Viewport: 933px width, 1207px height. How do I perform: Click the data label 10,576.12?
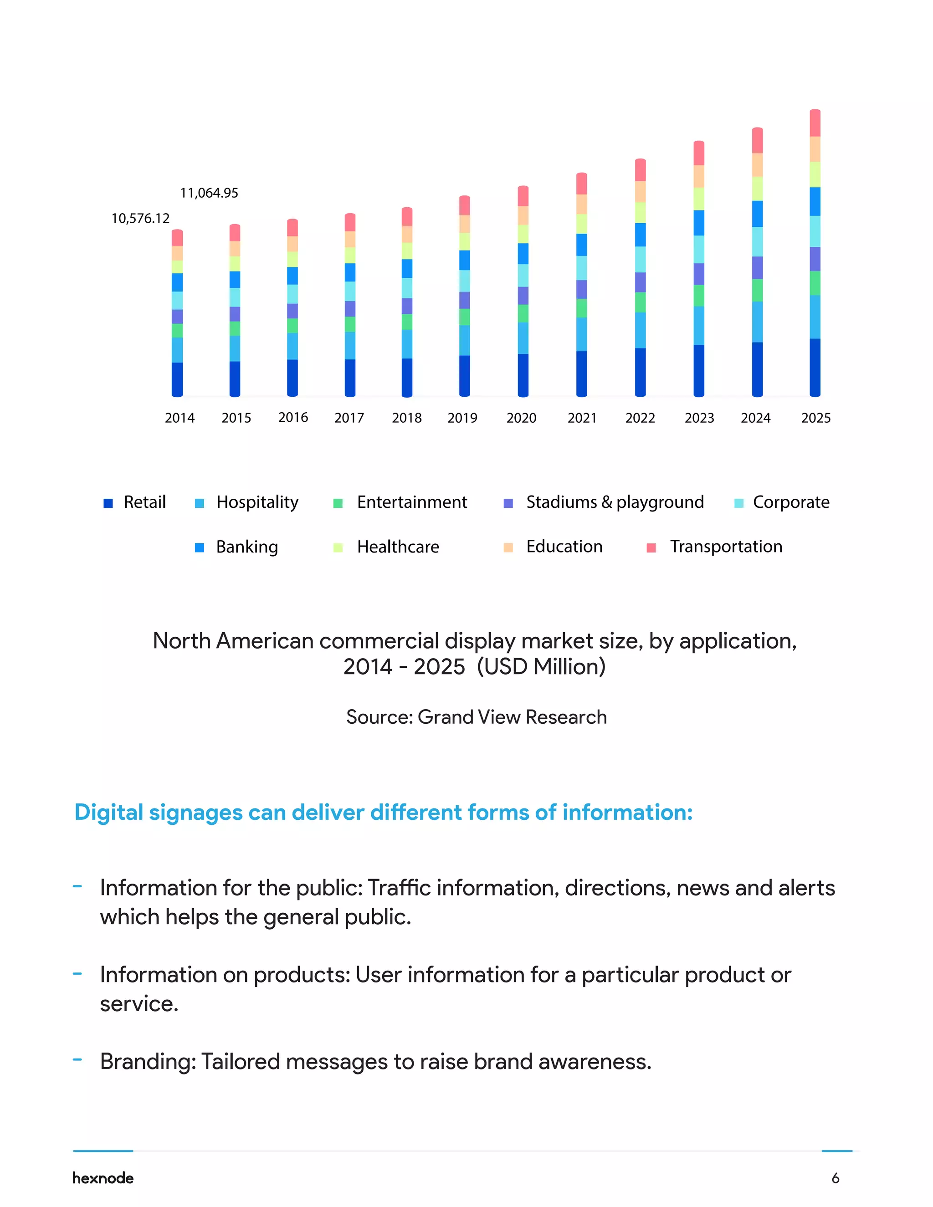(140, 218)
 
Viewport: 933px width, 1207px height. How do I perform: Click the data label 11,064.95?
(209, 193)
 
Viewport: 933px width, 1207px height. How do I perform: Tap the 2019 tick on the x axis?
(462, 418)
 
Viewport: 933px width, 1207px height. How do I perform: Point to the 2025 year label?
(815, 418)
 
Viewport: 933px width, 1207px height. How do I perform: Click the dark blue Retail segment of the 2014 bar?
(177, 378)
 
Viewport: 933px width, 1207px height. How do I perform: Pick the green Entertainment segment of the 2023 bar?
(699, 296)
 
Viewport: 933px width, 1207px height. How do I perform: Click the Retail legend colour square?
(108, 503)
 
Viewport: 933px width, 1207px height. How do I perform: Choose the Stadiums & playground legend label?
(615, 502)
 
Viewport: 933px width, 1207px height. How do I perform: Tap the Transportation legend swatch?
(651, 547)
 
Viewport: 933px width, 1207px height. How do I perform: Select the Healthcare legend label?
(398, 547)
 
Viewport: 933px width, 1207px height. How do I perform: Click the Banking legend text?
(247, 547)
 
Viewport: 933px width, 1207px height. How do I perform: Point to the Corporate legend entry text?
(790, 502)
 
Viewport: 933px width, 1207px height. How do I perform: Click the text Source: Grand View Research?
(476, 717)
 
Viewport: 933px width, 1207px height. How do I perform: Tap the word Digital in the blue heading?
(108, 813)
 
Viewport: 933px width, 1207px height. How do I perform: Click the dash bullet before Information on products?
(77, 974)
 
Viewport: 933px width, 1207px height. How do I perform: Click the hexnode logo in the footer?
(103, 1178)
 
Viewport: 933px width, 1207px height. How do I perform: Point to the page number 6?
(835, 1178)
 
